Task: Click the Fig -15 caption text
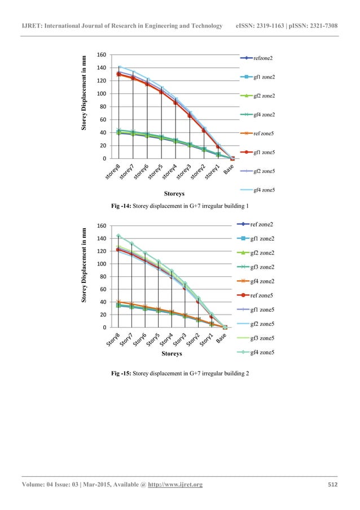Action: tap(181, 374)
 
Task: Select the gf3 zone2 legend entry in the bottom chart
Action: tap(262, 267)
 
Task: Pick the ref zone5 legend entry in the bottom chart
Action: tap(262, 295)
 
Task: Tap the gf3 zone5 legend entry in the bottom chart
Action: tap(262, 338)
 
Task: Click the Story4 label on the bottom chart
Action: tap(168, 339)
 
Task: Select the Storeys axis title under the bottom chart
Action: tap(171, 354)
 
